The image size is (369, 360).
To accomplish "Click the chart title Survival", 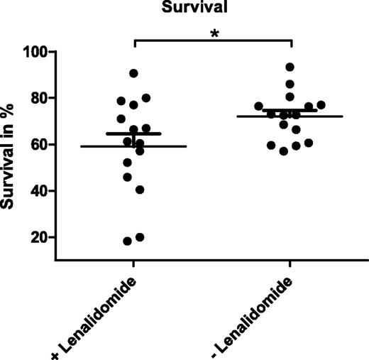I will click(x=213, y=9).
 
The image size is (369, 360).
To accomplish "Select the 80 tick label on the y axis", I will click(x=41, y=98).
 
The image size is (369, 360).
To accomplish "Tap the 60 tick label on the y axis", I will click(x=41, y=145).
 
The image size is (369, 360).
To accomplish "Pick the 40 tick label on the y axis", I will click(x=41, y=191).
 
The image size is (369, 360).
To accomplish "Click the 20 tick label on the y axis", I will click(x=41, y=237).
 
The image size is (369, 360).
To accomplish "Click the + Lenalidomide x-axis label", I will click(x=99, y=312).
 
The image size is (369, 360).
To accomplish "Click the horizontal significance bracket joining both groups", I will click(x=213, y=41).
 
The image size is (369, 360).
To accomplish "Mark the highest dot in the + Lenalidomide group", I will click(x=133, y=73).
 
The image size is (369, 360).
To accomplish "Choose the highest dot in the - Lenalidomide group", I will click(x=290, y=67).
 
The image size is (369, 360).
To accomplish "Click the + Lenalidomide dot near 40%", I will click(x=140, y=190).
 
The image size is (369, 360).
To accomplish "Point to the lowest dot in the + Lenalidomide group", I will click(x=128, y=241).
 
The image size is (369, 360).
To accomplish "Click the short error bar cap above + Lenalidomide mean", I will click(x=133, y=133).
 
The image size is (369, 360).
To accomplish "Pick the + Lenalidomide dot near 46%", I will click(x=128, y=177).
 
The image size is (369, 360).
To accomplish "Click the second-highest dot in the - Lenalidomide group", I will click(x=290, y=84).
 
